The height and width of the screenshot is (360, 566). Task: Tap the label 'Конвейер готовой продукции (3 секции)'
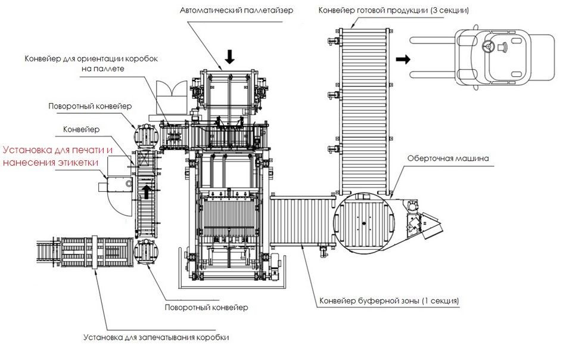pos(393,10)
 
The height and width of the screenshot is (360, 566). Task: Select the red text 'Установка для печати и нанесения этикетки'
pos(57,157)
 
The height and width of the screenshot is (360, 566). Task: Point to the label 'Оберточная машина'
pos(448,159)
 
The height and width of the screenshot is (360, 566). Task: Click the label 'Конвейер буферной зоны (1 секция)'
pos(388,300)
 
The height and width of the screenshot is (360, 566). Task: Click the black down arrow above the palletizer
pos(230,57)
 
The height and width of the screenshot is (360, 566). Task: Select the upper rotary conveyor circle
pos(144,135)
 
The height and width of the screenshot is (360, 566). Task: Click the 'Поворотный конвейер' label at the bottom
pos(206,308)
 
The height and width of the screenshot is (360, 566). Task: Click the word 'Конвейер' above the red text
pos(80,129)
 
